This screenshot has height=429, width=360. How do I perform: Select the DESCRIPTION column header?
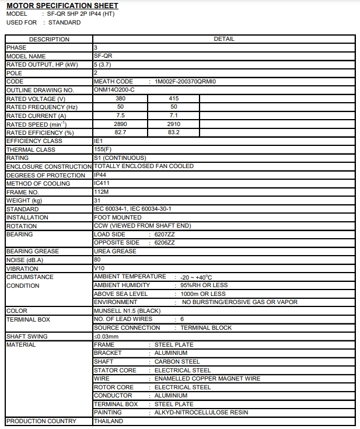[x=49, y=39]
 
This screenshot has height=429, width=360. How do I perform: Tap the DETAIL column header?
[x=224, y=39]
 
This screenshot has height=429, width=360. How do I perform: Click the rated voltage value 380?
[x=121, y=99]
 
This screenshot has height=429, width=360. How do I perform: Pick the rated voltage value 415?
[x=173, y=99]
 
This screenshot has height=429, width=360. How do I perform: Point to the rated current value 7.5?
[x=121, y=116]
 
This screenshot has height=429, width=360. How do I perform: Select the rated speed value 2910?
[x=173, y=124]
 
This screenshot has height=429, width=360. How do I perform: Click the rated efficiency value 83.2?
[x=173, y=132]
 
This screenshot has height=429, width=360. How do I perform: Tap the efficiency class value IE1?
[x=98, y=141]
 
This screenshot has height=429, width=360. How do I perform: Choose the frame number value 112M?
[x=100, y=192]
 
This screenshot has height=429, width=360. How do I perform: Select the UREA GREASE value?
[x=115, y=252]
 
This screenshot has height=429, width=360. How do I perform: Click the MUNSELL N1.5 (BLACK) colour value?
[x=127, y=311]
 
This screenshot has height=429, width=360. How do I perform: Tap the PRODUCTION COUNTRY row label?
[x=41, y=421]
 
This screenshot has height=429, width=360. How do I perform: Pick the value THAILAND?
[x=108, y=421]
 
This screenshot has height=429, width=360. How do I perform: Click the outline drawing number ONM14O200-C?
[x=114, y=90]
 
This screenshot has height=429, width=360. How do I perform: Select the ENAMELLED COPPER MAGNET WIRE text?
[x=207, y=378]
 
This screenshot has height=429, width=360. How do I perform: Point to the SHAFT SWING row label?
[x=27, y=336]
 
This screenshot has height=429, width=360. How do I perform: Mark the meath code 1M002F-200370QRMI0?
[x=185, y=82]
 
